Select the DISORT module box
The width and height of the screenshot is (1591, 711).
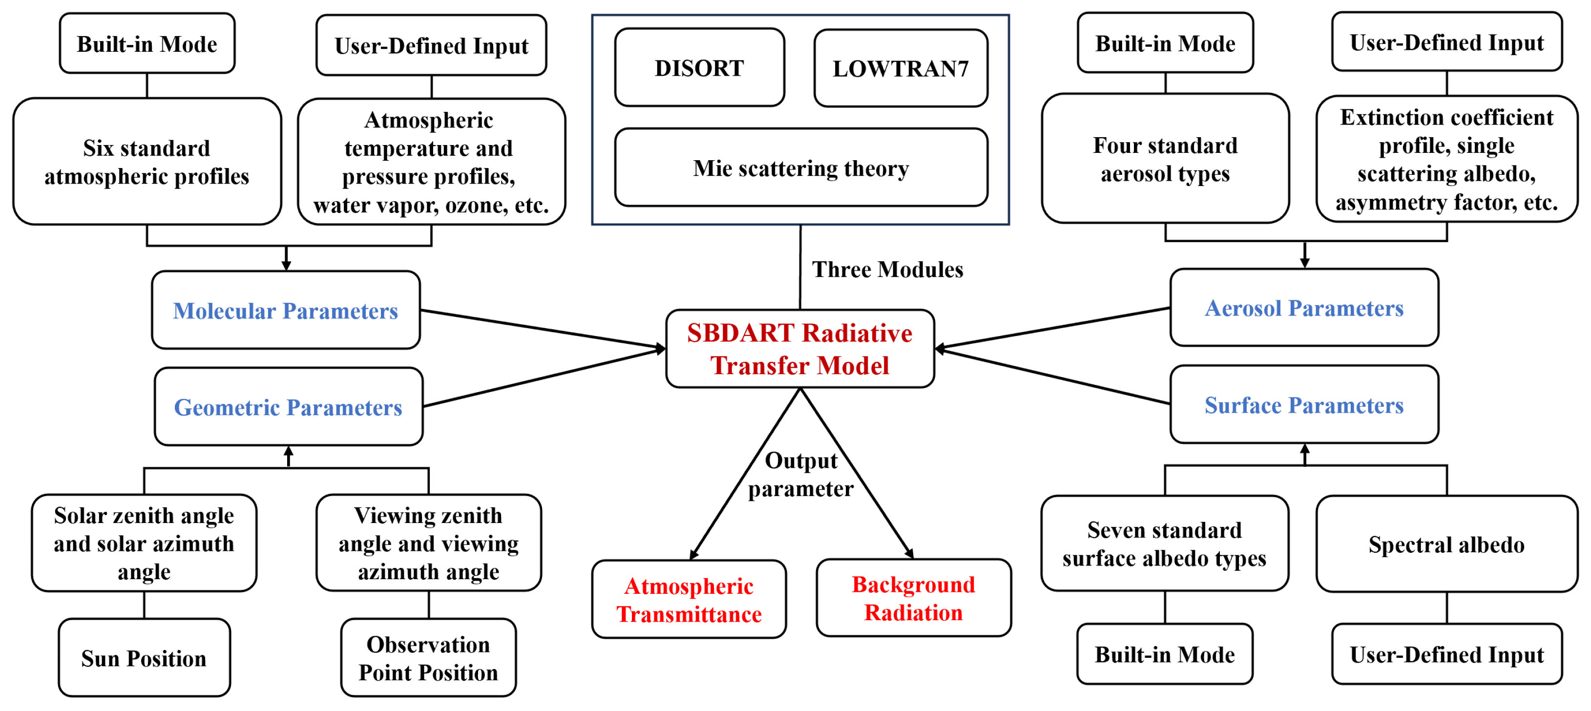(x=700, y=67)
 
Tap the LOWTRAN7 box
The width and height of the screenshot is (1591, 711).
(x=900, y=68)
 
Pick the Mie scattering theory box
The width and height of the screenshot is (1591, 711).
(x=801, y=167)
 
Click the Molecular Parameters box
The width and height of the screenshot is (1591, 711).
(x=286, y=310)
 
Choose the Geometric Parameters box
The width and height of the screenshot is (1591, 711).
(x=289, y=406)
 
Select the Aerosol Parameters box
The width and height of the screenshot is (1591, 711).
(x=1304, y=308)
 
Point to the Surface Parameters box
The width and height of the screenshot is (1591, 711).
(x=1304, y=405)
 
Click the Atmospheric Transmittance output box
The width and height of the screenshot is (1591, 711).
(x=689, y=599)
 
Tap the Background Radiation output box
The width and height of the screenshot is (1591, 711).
(x=914, y=598)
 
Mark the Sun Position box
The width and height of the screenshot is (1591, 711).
(x=145, y=658)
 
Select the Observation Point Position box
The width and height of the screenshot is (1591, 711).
(x=429, y=658)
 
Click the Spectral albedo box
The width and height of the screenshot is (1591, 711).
(x=1446, y=544)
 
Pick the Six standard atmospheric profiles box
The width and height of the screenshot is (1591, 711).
(x=147, y=161)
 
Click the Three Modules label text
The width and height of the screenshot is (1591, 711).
(x=887, y=270)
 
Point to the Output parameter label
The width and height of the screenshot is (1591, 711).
(x=801, y=475)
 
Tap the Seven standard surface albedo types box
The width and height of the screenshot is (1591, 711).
(x=1164, y=544)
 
